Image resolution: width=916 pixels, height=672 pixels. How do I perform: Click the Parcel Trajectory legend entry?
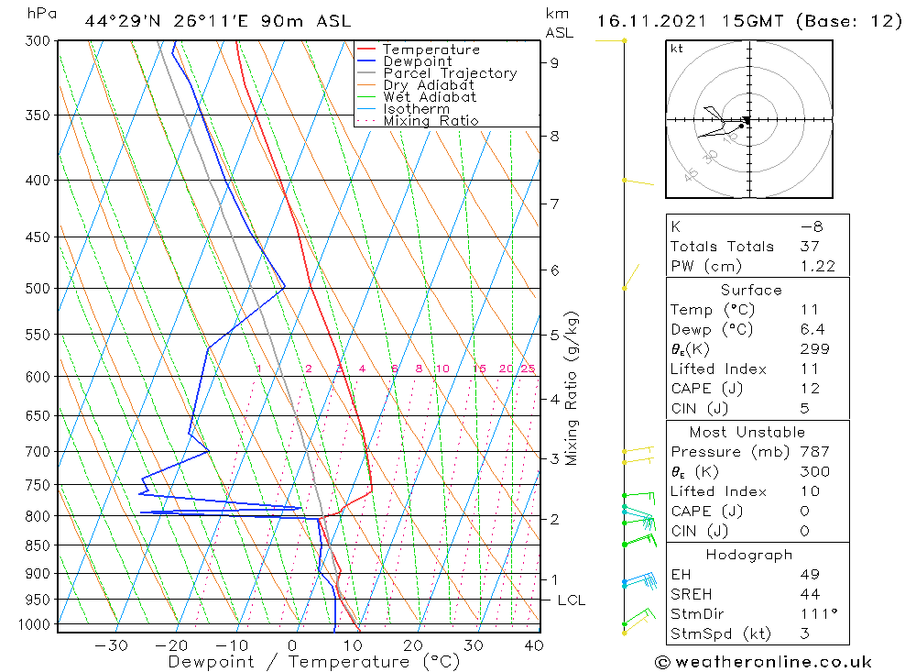coord(450,73)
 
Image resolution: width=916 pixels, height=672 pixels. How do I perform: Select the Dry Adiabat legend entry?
coord(429,85)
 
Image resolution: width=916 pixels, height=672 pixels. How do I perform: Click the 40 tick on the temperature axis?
coord(533,645)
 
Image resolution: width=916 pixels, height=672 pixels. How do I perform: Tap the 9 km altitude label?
coord(555,62)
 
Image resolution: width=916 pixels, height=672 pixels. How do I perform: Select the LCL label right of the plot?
coord(572,600)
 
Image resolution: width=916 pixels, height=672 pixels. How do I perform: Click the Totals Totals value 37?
coord(808,247)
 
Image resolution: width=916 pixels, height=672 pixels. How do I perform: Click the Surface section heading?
coord(751,291)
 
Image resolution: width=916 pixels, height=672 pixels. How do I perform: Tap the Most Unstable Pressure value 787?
coord(814,452)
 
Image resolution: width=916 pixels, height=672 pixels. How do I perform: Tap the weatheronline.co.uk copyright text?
coord(762,662)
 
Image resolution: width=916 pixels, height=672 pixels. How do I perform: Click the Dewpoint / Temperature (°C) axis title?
coord(313,662)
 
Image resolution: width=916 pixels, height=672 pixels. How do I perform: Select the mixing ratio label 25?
coord(528,369)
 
